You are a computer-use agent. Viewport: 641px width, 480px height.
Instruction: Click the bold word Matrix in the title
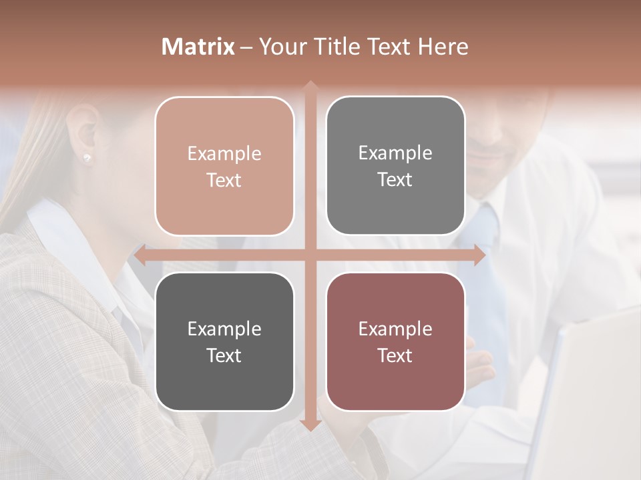(198, 47)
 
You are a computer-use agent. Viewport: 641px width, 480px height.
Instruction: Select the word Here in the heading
(443, 47)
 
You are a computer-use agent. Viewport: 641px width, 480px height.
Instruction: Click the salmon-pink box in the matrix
(224, 166)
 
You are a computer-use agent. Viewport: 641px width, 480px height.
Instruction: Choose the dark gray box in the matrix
(224, 341)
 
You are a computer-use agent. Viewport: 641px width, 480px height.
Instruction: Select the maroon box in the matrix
(395, 341)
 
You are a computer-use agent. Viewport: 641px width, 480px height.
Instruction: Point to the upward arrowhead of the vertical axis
(310, 86)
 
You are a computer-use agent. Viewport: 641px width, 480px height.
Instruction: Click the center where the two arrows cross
(310, 255)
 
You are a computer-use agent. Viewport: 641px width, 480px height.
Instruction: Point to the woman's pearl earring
(87, 157)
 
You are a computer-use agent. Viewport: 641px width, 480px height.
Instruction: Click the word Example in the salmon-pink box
(224, 153)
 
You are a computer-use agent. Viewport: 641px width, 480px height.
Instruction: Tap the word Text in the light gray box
(395, 179)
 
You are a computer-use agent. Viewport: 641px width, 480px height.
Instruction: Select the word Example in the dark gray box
(224, 329)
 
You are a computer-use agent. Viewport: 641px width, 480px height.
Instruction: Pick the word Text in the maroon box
(395, 355)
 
